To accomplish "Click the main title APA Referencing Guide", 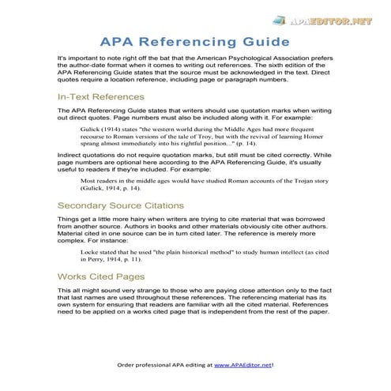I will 195,41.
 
